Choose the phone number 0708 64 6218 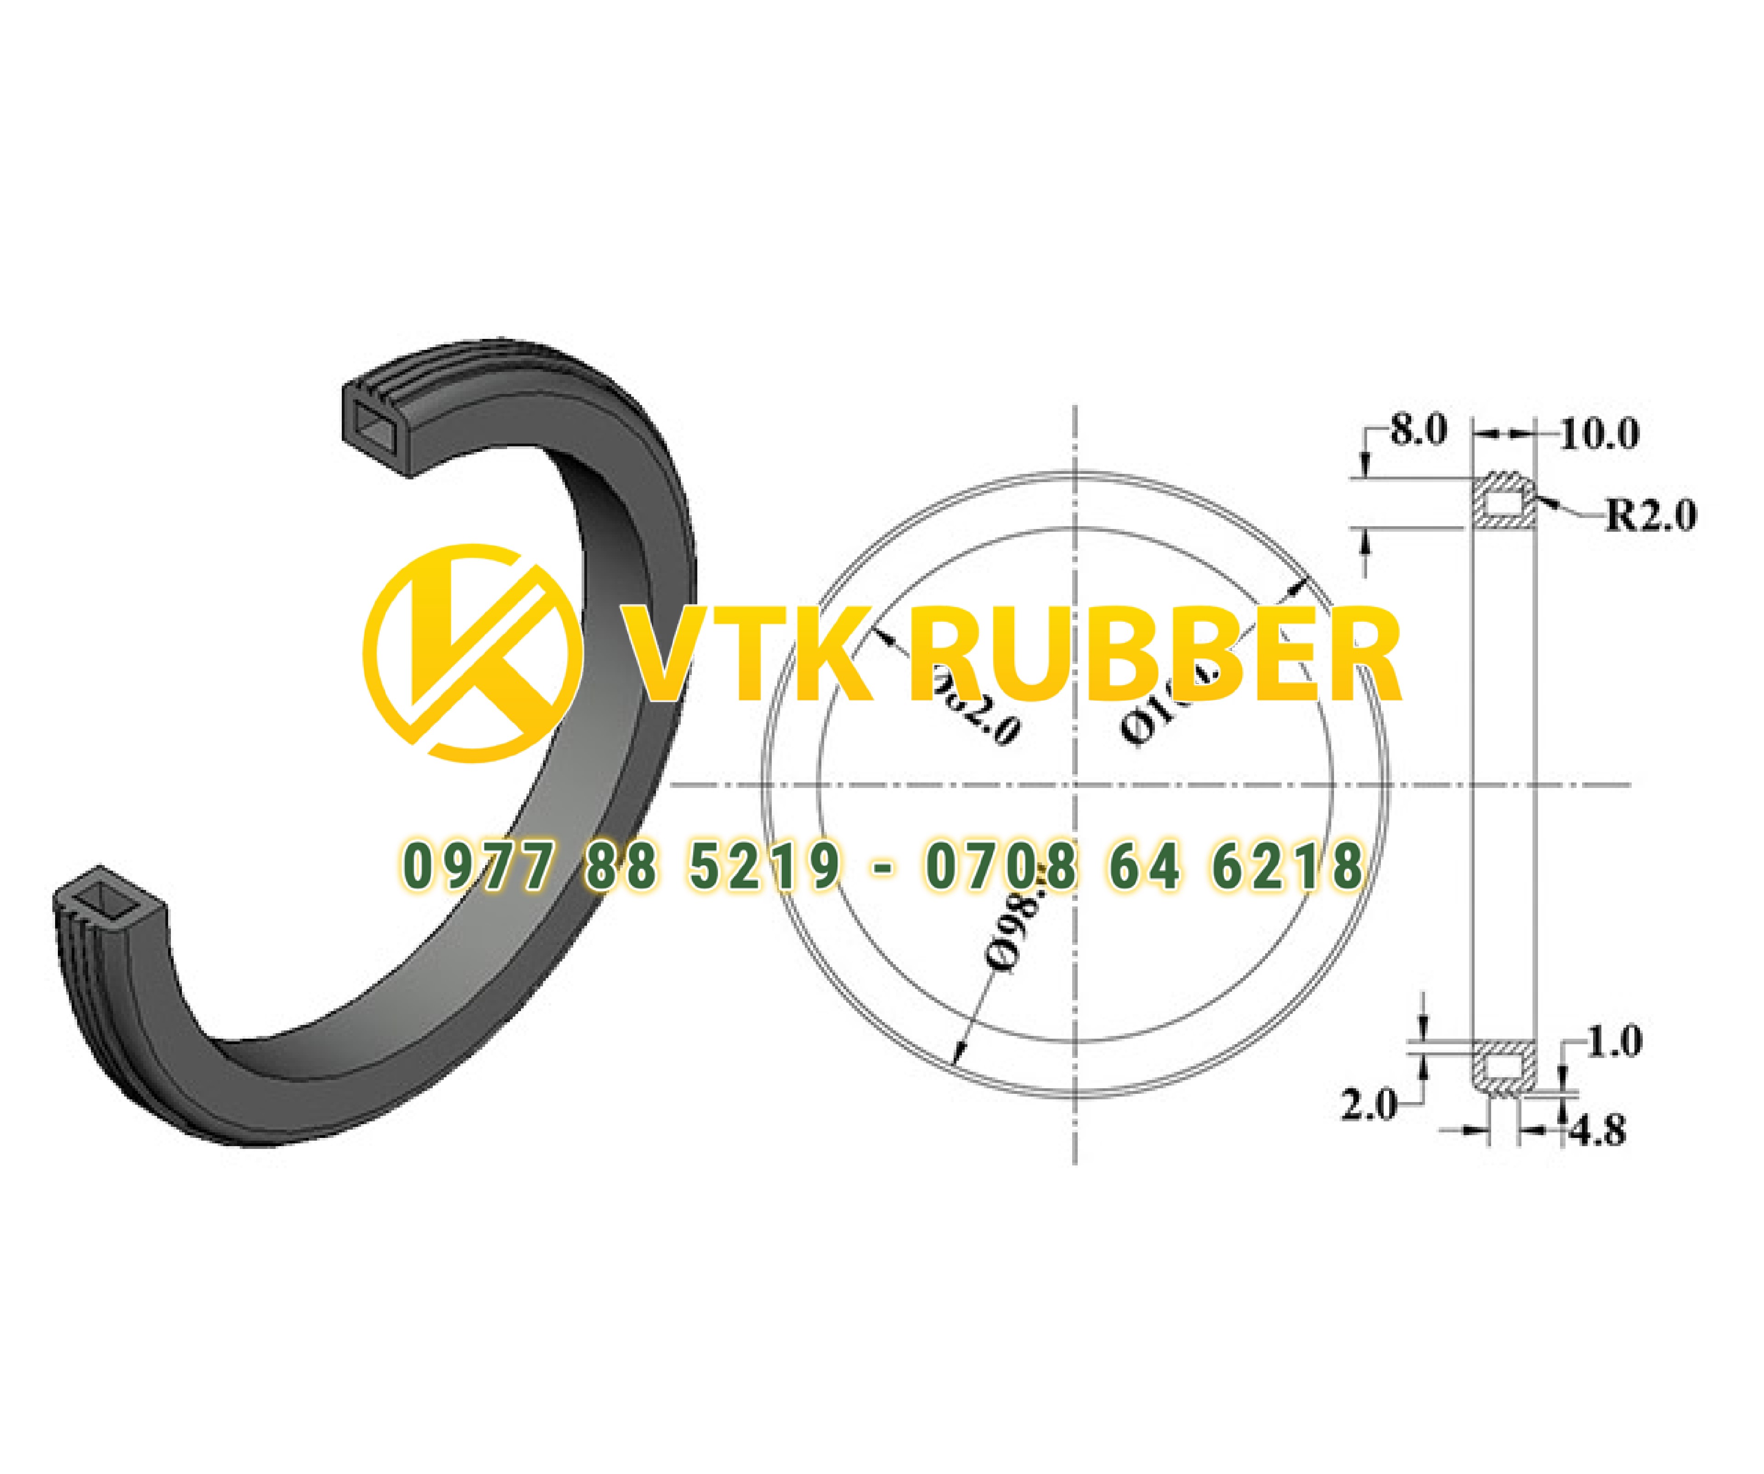pyautogui.click(x=1144, y=867)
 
